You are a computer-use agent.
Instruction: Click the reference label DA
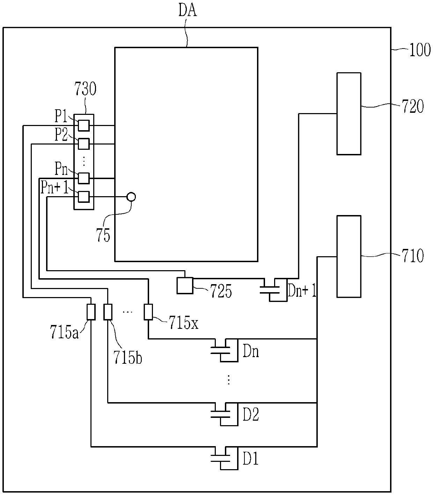click(x=188, y=10)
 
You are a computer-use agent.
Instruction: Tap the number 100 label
click(x=420, y=50)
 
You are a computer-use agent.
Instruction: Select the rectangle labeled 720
click(x=349, y=114)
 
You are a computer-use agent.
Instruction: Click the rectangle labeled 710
click(x=349, y=257)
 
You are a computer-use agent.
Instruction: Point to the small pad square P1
click(x=84, y=126)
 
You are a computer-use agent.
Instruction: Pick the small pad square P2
click(x=84, y=144)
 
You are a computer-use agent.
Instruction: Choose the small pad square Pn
click(x=84, y=178)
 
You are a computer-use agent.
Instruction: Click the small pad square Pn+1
click(x=84, y=197)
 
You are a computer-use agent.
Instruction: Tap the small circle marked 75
click(x=131, y=197)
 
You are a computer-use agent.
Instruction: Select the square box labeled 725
click(x=185, y=286)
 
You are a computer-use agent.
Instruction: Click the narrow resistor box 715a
click(x=91, y=312)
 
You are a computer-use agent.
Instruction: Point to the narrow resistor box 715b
click(x=108, y=312)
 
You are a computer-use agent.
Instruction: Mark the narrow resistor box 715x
click(x=148, y=312)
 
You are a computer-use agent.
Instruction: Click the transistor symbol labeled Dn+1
click(x=274, y=290)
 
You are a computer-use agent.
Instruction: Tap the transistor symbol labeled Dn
click(x=225, y=350)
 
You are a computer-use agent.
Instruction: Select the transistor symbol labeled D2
click(x=225, y=414)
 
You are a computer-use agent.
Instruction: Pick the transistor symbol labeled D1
click(x=225, y=458)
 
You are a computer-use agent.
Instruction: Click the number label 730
click(x=85, y=89)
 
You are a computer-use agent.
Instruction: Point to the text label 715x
click(x=183, y=323)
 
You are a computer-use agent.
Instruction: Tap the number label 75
click(x=103, y=235)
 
